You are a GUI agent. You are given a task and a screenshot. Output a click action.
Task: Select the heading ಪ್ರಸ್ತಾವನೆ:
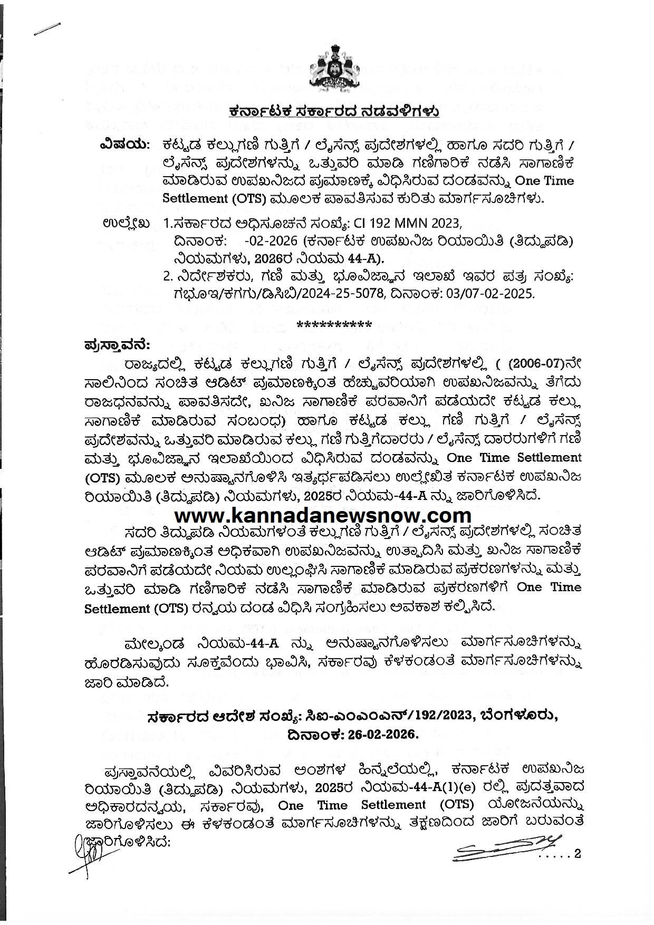pyautogui.click(x=117, y=345)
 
